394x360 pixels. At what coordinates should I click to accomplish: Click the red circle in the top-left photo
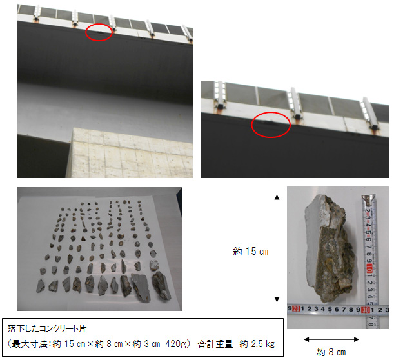(86, 32)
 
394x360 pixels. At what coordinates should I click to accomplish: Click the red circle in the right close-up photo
(252, 125)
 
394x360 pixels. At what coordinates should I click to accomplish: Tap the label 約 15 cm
(250, 252)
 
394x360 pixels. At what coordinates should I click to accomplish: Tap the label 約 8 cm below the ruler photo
(331, 352)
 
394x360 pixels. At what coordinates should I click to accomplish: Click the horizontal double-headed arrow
(331, 339)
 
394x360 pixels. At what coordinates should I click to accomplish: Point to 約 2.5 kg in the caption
(257, 344)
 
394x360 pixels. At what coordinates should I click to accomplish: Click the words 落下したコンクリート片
(47, 328)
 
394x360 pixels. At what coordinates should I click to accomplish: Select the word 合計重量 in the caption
(215, 344)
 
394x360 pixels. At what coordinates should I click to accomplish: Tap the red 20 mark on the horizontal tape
(296, 309)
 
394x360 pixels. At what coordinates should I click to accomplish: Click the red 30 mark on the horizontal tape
(365, 310)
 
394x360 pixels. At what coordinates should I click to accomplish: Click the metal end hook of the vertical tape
(368, 198)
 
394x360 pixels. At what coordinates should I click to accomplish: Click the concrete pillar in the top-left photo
(132, 153)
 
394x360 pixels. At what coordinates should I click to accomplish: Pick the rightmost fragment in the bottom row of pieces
(161, 285)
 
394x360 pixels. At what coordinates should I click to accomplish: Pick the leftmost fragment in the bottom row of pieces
(41, 286)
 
